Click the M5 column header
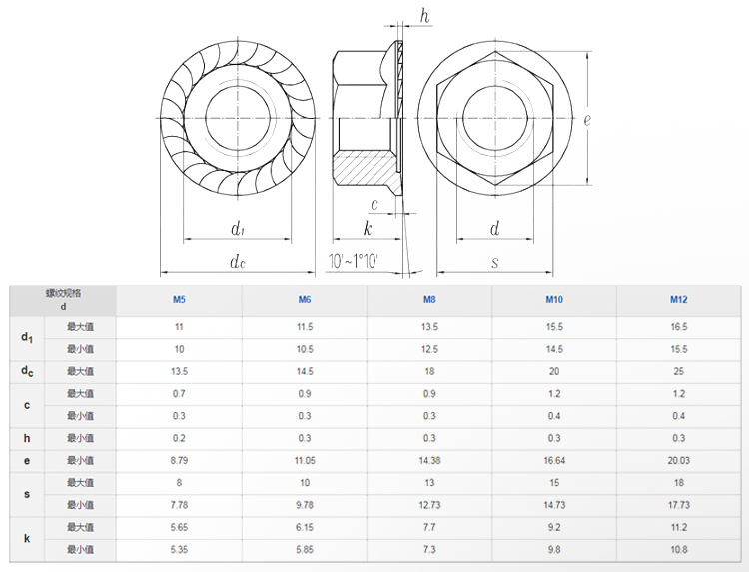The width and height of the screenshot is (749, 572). click(179, 300)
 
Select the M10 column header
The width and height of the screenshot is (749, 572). click(553, 300)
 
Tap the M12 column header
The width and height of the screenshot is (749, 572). click(678, 300)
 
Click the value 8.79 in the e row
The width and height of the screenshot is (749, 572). click(179, 460)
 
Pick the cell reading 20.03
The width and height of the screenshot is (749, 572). click(678, 460)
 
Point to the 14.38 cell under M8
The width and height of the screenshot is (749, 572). click(428, 460)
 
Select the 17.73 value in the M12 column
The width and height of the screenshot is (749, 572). click(678, 505)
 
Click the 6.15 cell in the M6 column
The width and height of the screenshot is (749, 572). click(304, 527)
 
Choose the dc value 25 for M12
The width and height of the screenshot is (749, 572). click(678, 371)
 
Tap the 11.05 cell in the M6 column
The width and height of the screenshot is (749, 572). click(304, 460)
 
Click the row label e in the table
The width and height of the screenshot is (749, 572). click(27, 460)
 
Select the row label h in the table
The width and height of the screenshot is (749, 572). click(27, 438)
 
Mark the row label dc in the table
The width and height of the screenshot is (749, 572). click(27, 372)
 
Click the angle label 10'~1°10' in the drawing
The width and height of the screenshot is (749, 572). click(353, 262)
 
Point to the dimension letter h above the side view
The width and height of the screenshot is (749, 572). click(424, 15)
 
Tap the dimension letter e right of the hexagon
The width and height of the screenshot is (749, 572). click(587, 120)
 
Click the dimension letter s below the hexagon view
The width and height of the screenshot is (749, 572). click(494, 262)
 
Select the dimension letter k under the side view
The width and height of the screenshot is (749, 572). click(368, 229)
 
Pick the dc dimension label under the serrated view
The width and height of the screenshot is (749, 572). click(237, 262)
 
